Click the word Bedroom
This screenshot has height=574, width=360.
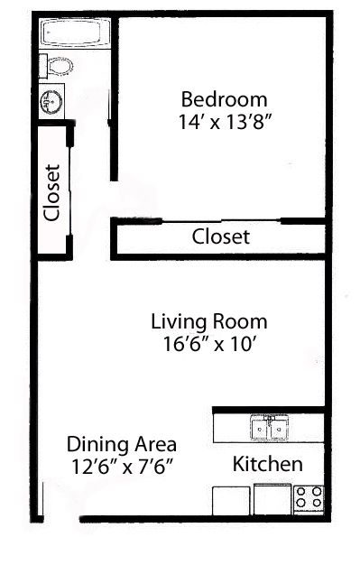click(x=225, y=99)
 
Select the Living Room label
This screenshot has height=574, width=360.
click(x=209, y=321)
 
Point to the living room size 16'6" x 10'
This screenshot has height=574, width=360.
click(x=208, y=344)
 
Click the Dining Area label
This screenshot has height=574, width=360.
click(x=122, y=444)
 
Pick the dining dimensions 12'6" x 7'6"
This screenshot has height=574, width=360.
click(x=122, y=467)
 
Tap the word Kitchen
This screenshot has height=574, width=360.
click(x=267, y=464)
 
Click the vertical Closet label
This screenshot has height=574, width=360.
click(x=51, y=193)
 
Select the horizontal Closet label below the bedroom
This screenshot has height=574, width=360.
click(x=221, y=236)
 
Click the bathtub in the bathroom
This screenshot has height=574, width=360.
click(x=75, y=32)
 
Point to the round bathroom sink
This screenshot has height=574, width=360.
click(x=51, y=101)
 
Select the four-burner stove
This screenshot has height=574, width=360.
click(x=309, y=499)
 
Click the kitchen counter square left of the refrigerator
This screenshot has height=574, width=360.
click(x=231, y=500)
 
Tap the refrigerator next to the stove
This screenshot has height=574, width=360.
click(x=272, y=499)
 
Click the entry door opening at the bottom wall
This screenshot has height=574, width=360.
click(x=61, y=518)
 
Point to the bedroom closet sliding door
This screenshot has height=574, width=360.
click(x=221, y=220)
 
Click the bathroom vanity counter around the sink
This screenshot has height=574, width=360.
click(x=52, y=101)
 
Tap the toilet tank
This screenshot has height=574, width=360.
click(x=42, y=66)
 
